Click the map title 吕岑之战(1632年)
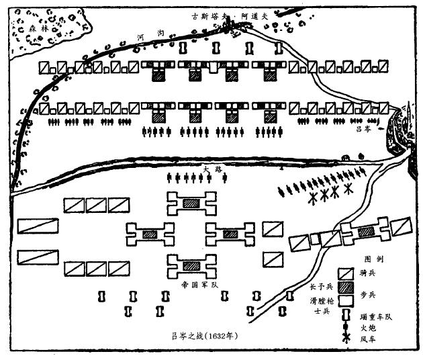211,332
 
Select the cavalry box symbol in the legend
345,274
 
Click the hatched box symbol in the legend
345,288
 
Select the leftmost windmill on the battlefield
312,199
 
